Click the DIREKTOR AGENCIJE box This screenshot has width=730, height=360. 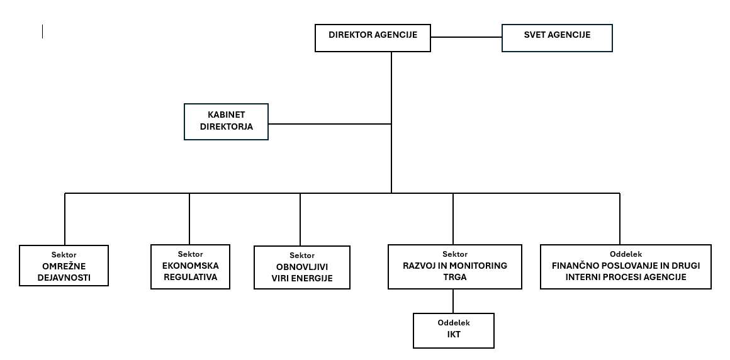pyautogui.click(x=373, y=38)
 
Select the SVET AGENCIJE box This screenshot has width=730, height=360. pyautogui.click(x=557, y=38)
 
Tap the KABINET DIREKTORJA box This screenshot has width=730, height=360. pyautogui.click(x=227, y=121)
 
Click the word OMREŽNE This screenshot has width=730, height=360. pyautogui.click(x=64, y=267)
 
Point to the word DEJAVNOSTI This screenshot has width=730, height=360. pyautogui.click(x=64, y=279)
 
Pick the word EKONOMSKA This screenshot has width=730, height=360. pyautogui.click(x=191, y=266)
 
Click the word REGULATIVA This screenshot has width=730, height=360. pyautogui.click(x=191, y=277)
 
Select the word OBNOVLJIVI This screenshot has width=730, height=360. pyautogui.click(x=302, y=267)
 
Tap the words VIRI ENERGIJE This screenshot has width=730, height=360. pyautogui.click(x=302, y=279)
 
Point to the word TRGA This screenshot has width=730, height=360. pyautogui.click(x=455, y=277)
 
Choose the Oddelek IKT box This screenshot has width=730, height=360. pyautogui.click(x=454, y=330)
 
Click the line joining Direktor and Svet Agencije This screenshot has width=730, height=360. pyautogui.click(x=466, y=37)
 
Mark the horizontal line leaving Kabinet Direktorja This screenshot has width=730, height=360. pyautogui.click(x=330, y=124)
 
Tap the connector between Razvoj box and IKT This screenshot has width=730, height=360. pyautogui.click(x=453, y=301)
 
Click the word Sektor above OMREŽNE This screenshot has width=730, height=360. pyautogui.click(x=64, y=255)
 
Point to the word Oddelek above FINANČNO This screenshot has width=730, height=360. pyautogui.click(x=626, y=254)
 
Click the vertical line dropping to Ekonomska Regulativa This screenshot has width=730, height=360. pyautogui.click(x=189, y=219)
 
